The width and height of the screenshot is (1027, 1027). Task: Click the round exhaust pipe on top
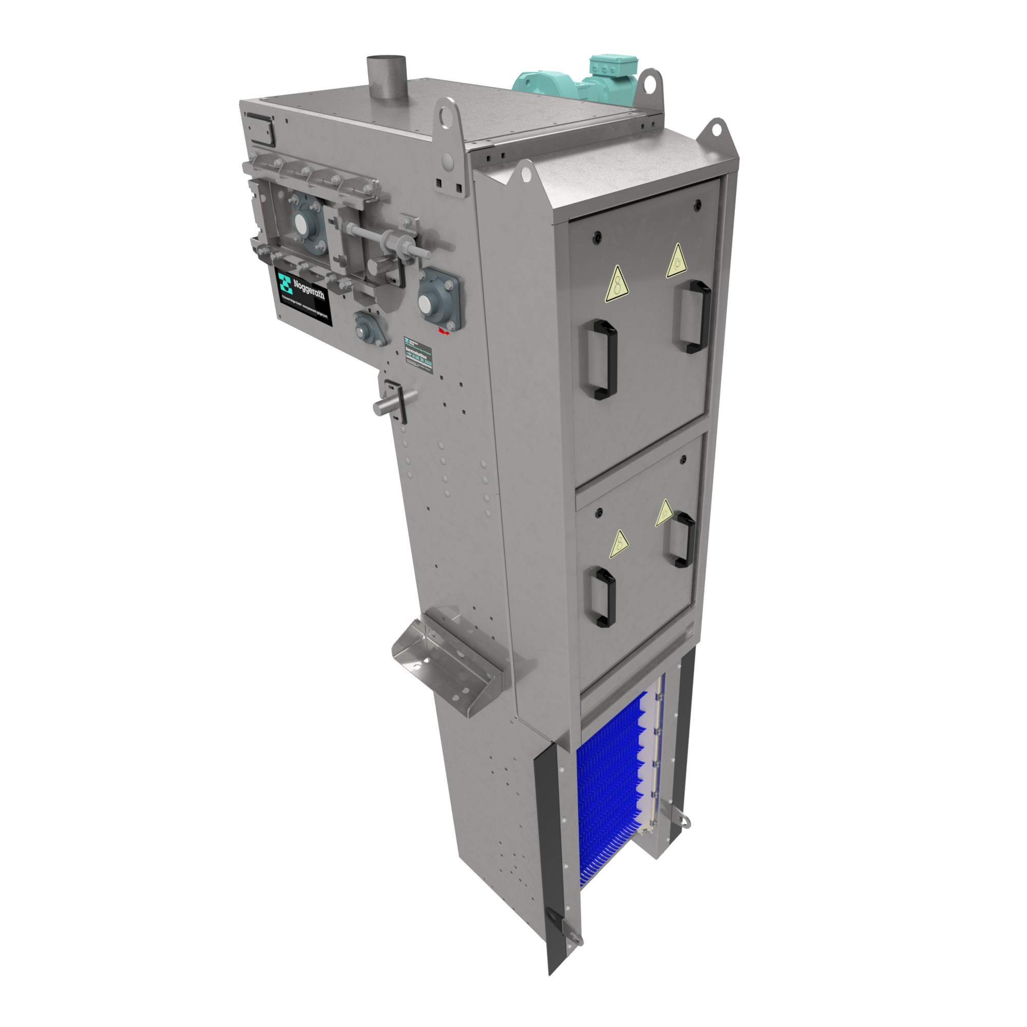point(387,80)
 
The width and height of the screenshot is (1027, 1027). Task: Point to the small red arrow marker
point(443,332)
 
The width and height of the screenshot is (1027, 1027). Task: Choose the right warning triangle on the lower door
point(664,513)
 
